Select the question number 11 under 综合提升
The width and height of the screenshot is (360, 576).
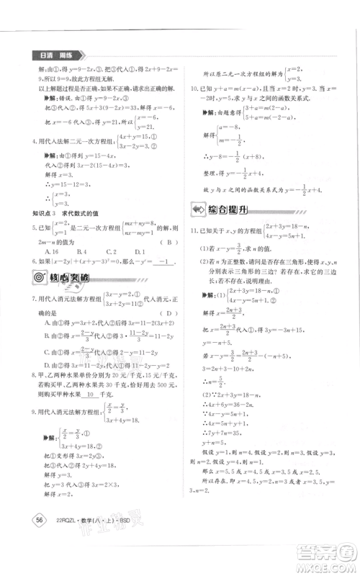pos(194,230)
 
